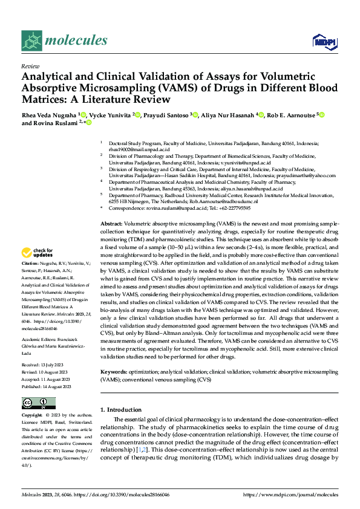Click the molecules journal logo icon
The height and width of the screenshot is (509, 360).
(x=32, y=41)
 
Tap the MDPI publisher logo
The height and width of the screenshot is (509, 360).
(x=322, y=41)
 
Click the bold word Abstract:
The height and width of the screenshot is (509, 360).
(x=113, y=224)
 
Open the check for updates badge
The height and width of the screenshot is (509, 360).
(x=39, y=253)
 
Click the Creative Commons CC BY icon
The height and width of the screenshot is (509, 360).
(x=39, y=403)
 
